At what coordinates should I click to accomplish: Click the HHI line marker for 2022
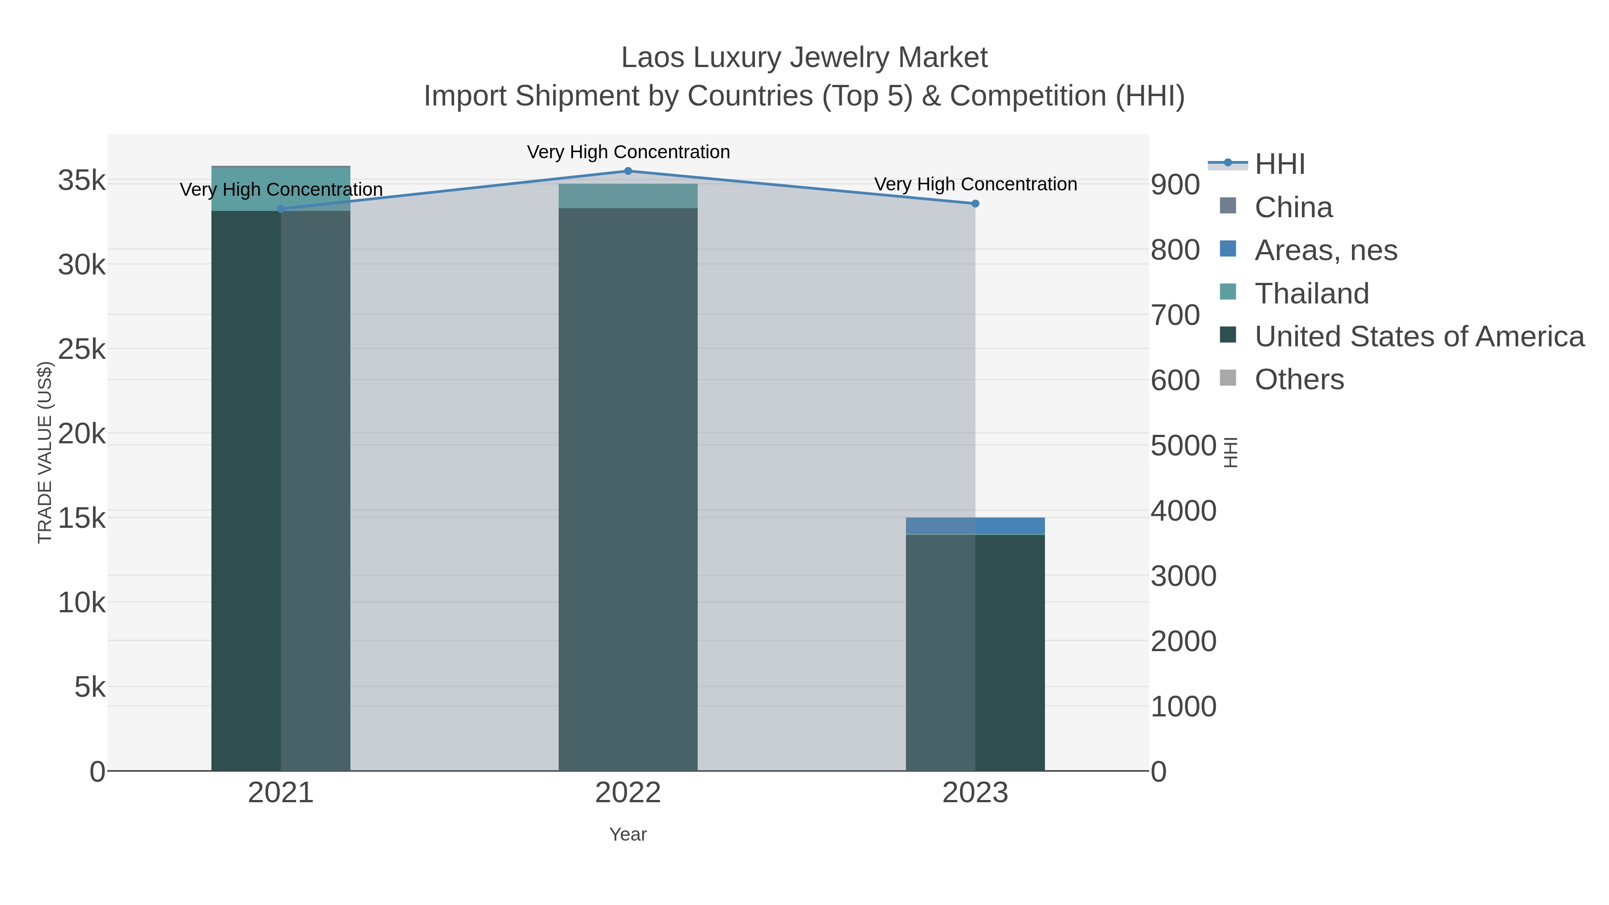point(628,171)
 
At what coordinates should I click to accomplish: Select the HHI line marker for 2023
point(975,204)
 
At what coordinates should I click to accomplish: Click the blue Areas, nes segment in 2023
point(975,526)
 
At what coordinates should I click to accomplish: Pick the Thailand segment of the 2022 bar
point(628,195)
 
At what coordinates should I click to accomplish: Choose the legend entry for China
point(1293,207)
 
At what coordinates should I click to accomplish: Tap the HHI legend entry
point(1279,164)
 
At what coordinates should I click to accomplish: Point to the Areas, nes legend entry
point(1325,250)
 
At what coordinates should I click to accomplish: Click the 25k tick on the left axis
point(82,350)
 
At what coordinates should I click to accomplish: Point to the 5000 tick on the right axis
point(1183,446)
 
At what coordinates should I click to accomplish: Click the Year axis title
point(628,834)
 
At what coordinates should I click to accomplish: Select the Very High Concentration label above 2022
point(628,152)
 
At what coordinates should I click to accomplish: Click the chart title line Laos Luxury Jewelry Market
point(804,58)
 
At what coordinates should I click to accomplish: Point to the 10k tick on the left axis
point(82,603)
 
